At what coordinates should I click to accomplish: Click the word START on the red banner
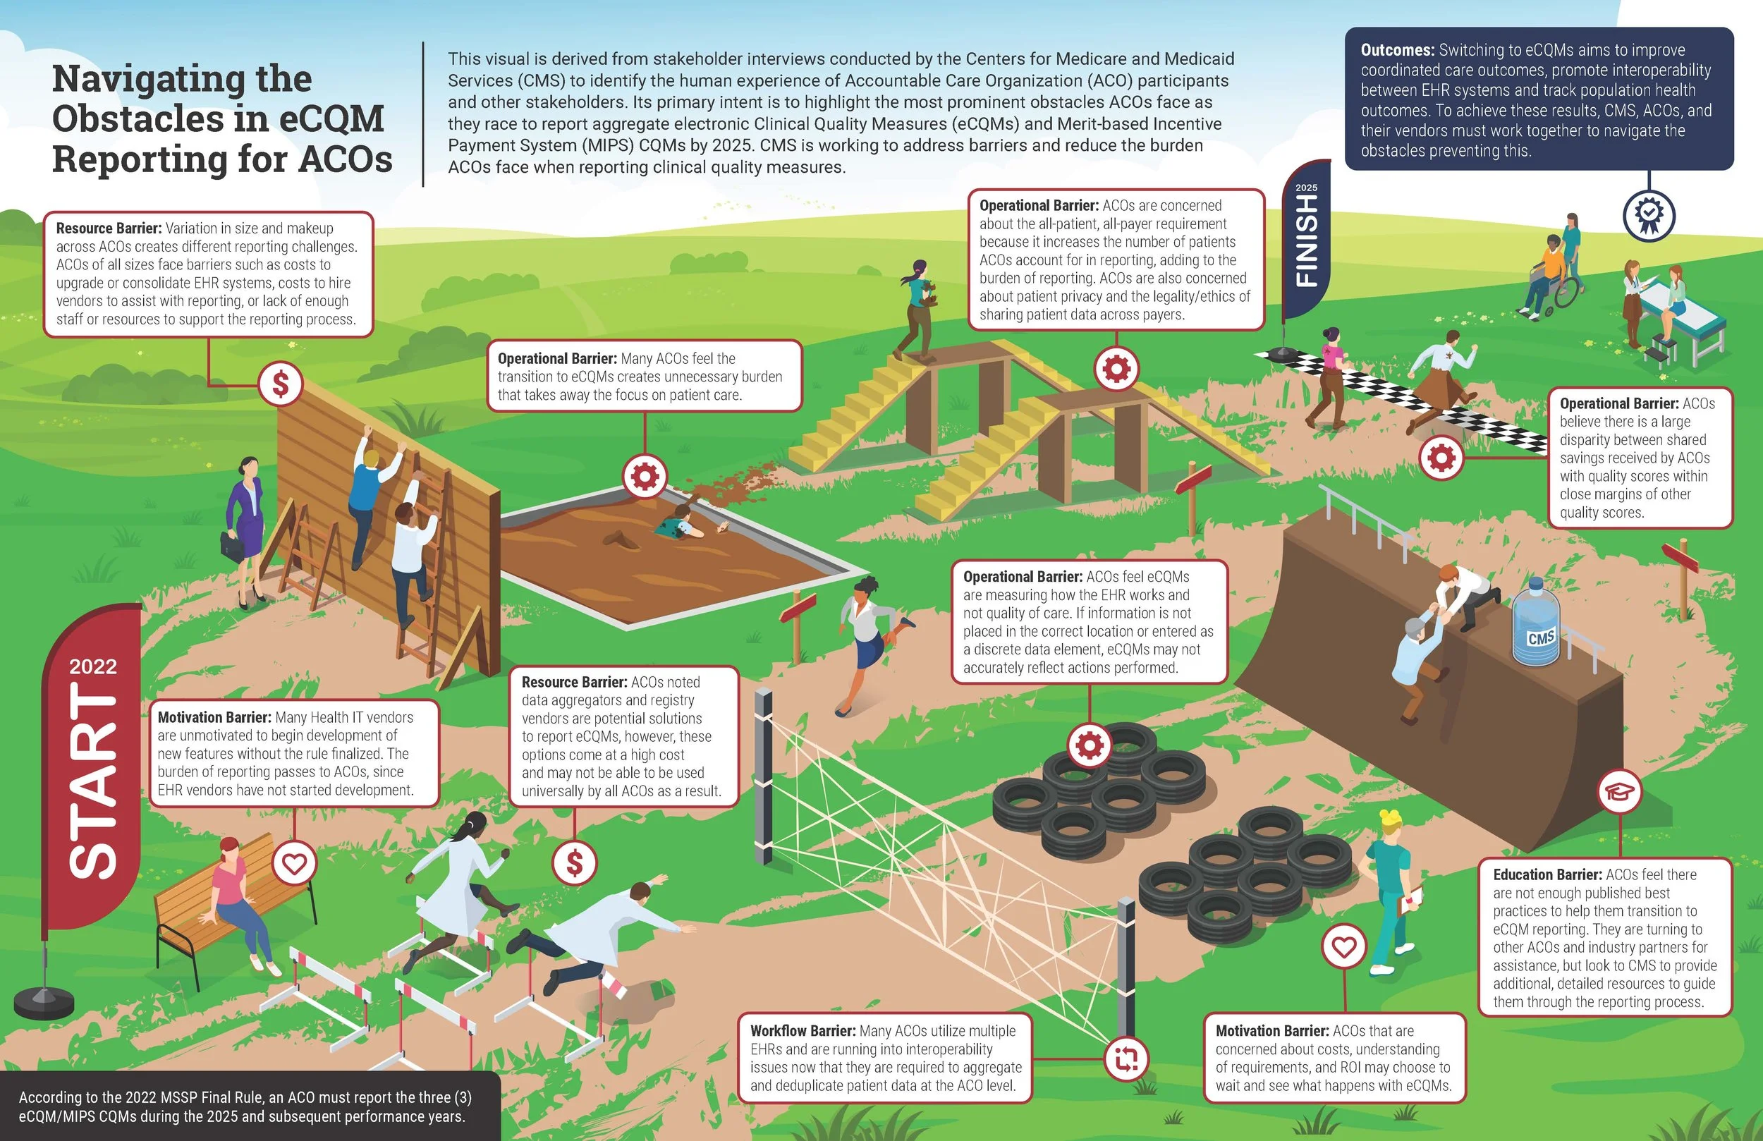[93, 781]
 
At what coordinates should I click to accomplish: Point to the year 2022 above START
[92, 667]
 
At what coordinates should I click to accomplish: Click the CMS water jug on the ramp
[1535, 623]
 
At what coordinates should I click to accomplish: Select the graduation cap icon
[1619, 791]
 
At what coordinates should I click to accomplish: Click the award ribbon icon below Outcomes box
[1649, 215]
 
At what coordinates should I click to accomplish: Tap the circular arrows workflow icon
[1126, 1058]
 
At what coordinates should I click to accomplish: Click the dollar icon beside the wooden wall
[281, 384]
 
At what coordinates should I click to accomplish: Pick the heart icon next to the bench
[295, 863]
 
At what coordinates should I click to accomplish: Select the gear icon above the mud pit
[645, 476]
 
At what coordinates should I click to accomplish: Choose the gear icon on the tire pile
[1090, 745]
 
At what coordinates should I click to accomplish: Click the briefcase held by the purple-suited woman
[232, 546]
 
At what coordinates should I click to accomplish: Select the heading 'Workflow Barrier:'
[803, 1030]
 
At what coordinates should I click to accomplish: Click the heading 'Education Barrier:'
[1547, 874]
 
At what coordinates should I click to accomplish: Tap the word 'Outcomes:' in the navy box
[1397, 50]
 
